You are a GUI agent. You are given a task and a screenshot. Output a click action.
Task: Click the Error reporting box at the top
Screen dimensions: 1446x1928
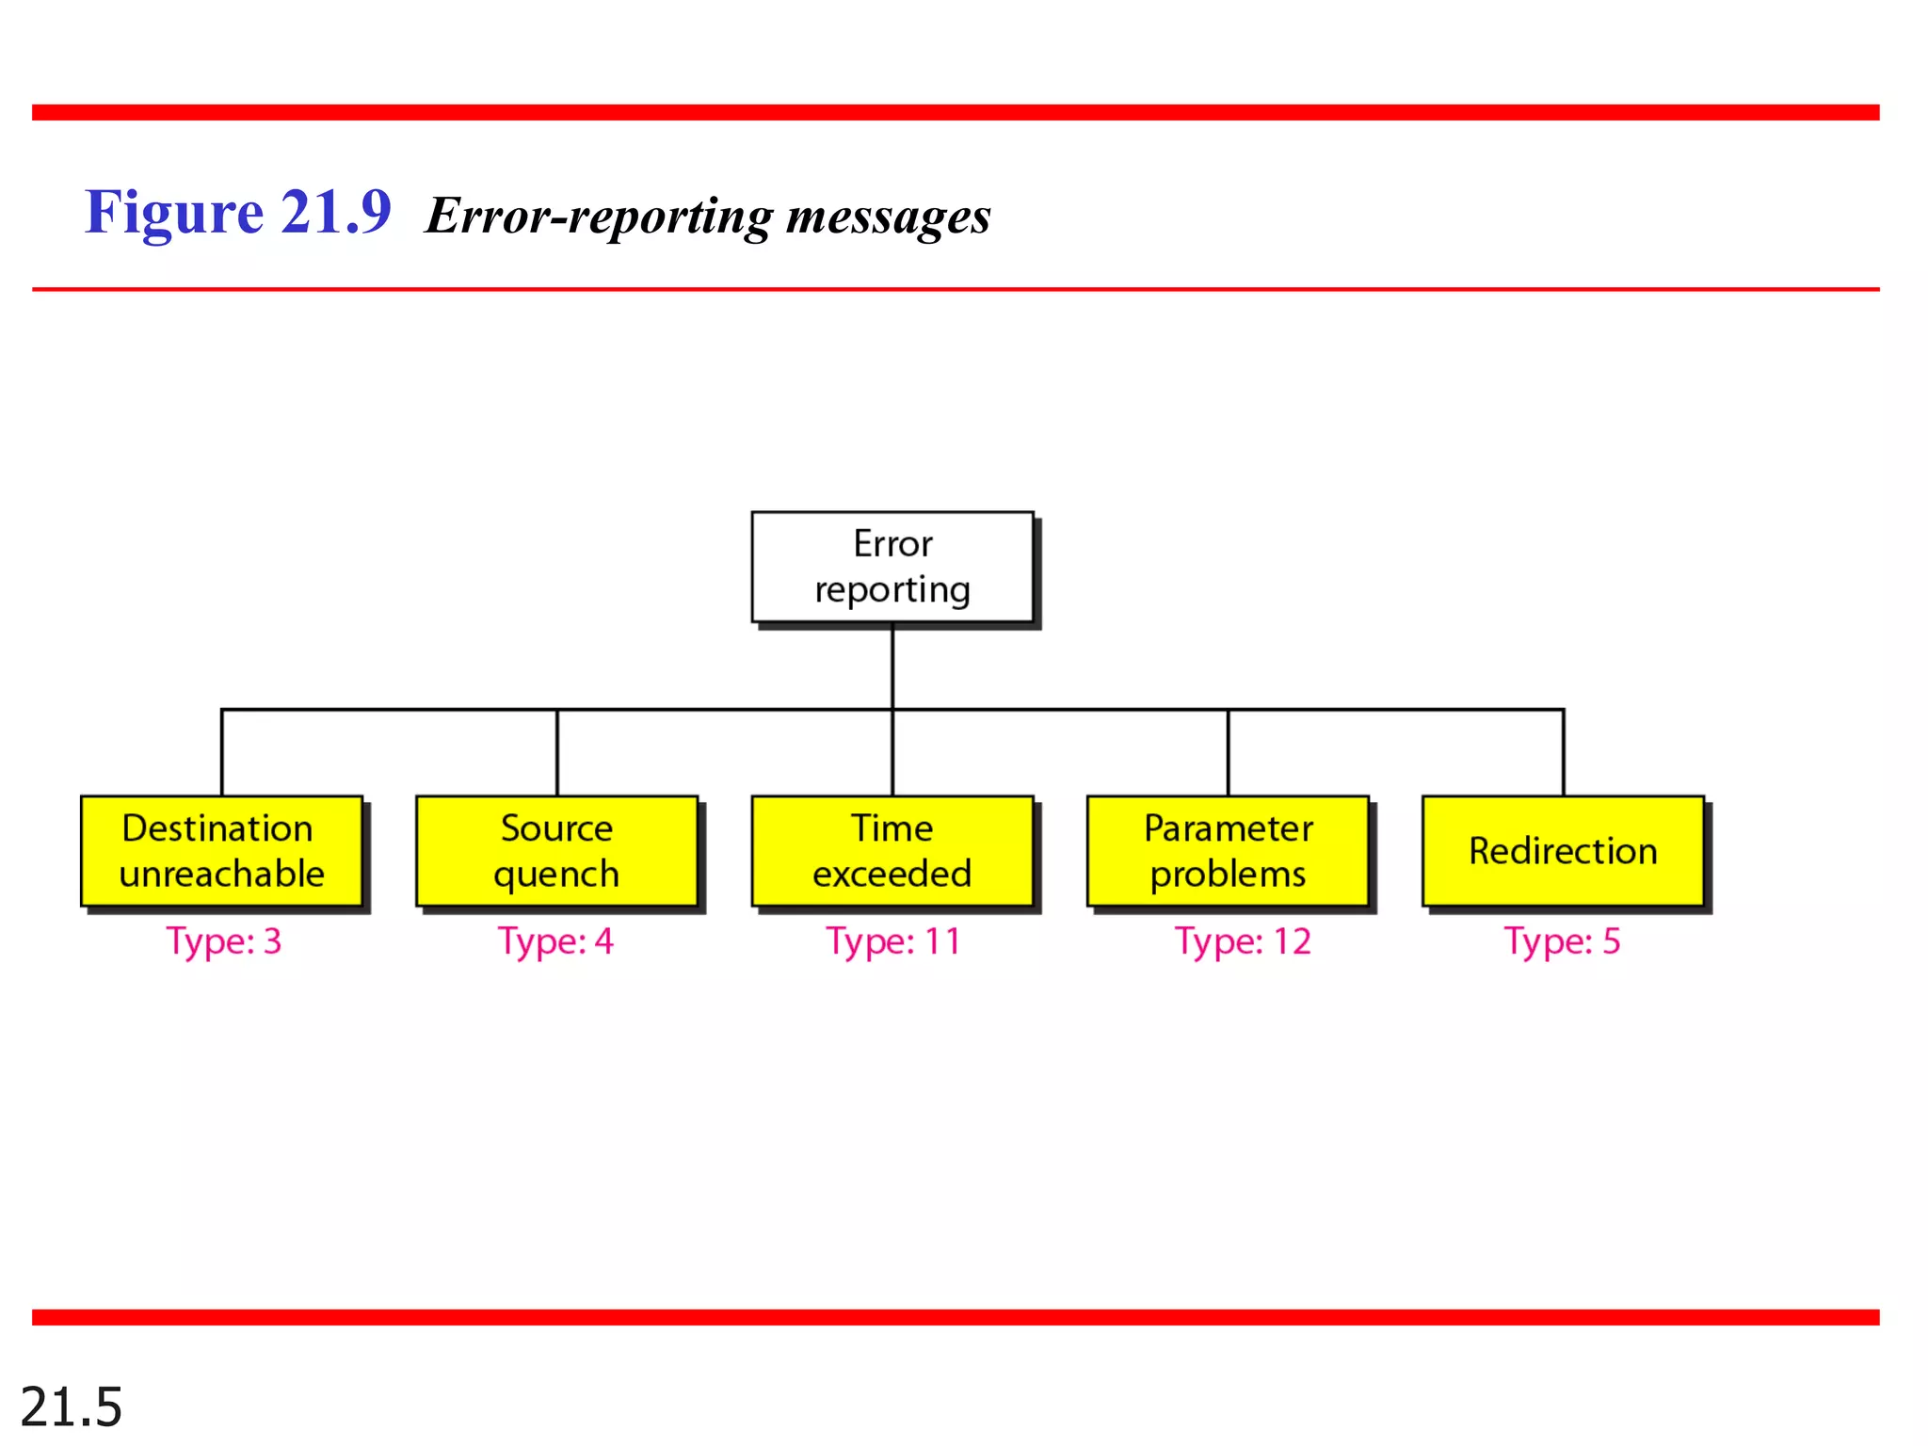pyautogui.click(x=892, y=567)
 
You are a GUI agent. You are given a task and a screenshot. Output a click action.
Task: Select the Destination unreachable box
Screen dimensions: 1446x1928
pyautogui.click(x=221, y=851)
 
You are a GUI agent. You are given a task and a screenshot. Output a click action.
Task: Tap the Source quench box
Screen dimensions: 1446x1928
pyautogui.click(x=556, y=851)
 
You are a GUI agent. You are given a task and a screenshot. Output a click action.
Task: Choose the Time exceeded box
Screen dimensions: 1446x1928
pyautogui.click(x=892, y=851)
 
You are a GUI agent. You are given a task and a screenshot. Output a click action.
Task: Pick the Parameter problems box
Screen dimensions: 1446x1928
pyautogui.click(x=1228, y=851)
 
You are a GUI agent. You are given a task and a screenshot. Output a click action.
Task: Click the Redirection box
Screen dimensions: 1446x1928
pyautogui.click(x=1563, y=851)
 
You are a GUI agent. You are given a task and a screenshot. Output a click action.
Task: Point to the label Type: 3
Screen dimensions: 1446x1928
pyautogui.click(x=224, y=941)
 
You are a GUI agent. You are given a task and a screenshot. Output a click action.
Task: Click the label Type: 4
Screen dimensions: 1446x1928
pyautogui.click(x=555, y=941)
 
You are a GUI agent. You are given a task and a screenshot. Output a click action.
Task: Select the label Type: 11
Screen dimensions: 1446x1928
pyautogui.click(x=892, y=941)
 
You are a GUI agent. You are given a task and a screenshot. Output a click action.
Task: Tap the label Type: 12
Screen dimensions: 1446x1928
pyautogui.click(x=1243, y=941)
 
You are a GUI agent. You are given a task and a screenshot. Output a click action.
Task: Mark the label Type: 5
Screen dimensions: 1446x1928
pyautogui.click(x=1562, y=941)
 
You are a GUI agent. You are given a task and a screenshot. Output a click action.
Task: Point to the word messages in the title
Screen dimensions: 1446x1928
pyautogui.click(x=888, y=217)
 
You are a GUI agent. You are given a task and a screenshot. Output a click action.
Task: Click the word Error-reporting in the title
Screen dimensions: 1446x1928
pyautogui.click(x=599, y=217)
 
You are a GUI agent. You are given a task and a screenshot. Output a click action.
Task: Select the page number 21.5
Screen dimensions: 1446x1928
pyautogui.click(x=72, y=1407)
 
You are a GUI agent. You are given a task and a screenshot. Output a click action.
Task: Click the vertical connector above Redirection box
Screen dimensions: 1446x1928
pyautogui.click(x=1564, y=753)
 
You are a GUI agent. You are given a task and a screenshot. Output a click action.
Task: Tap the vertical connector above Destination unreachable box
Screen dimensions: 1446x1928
pyautogui.click(x=222, y=753)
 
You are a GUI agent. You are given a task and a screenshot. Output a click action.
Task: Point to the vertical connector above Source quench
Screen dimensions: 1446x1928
pyautogui.click(x=557, y=753)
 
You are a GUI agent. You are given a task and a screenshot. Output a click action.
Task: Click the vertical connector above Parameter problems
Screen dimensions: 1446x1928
pyautogui.click(x=1229, y=753)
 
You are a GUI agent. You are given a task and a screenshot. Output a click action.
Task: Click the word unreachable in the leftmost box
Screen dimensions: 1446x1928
pyautogui.click(x=221, y=875)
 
